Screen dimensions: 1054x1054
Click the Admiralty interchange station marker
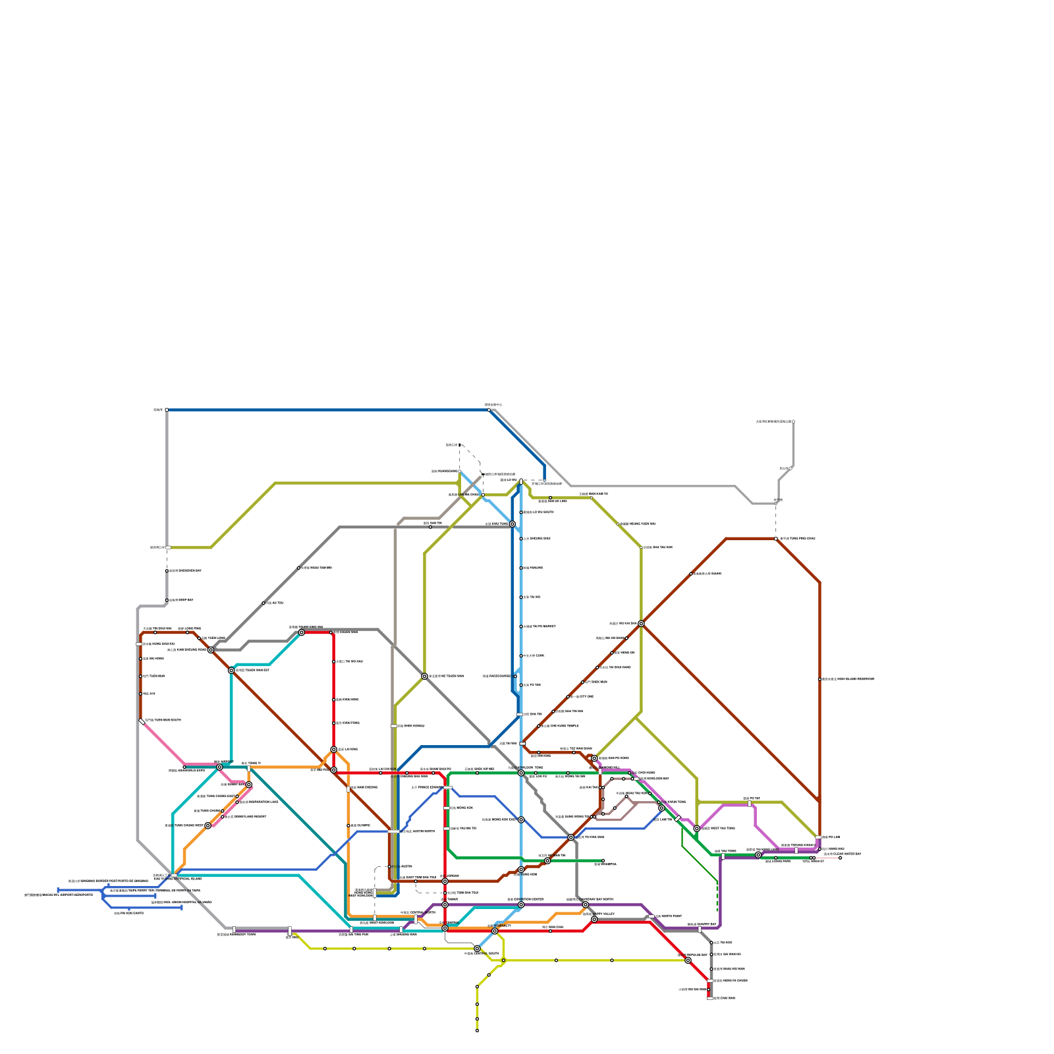[x=495, y=931]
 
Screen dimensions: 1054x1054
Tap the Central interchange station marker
[x=445, y=928]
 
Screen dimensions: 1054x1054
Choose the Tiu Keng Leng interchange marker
[x=758, y=855]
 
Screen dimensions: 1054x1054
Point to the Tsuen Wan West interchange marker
[x=231, y=671]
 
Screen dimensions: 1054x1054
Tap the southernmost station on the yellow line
[x=477, y=1031]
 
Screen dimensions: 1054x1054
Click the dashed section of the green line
[x=717, y=896]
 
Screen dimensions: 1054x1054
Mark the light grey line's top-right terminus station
[x=793, y=422]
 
